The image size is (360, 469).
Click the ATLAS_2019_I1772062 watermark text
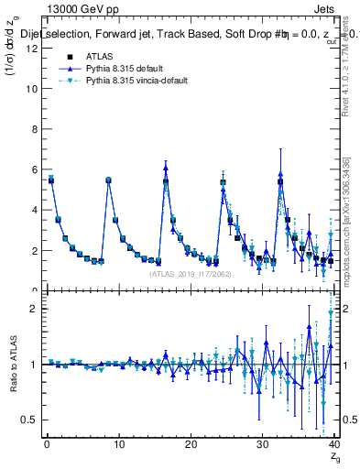(189, 272)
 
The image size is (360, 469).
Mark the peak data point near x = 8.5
(108, 180)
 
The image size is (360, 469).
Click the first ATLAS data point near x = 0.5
(51, 180)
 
